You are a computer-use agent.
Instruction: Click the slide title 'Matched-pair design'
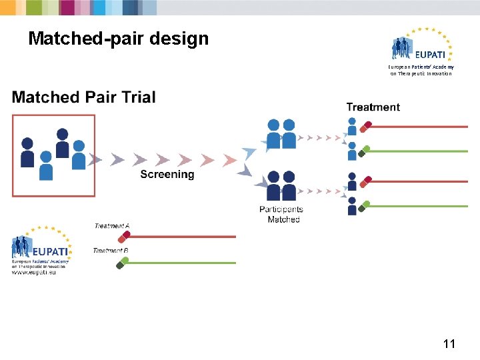coord(119,39)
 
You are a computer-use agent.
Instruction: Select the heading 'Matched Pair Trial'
coord(84,97)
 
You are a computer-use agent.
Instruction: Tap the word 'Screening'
coord(167,175)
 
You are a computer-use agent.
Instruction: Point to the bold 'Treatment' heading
coord(373,107)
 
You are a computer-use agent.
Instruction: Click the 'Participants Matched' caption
coord(281,214)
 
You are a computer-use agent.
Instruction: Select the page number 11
coord(449,344)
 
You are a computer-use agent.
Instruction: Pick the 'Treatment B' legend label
coord(111,251)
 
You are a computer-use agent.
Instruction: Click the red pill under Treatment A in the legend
coord(123,235)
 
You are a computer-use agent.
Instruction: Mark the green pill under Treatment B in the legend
coord(121,264)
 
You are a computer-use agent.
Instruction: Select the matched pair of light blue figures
coord(281,133)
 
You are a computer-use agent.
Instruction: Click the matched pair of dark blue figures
coord(281,186)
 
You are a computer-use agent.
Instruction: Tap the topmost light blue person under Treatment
coord(352,126)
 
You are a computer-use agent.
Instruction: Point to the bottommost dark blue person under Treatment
coord(352,206)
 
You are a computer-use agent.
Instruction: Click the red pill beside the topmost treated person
coord(365,125)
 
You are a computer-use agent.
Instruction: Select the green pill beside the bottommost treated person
coord(362,208)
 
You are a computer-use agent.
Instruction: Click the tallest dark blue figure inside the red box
coord(62,143)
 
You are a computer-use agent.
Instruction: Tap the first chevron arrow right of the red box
coord(97,159)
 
